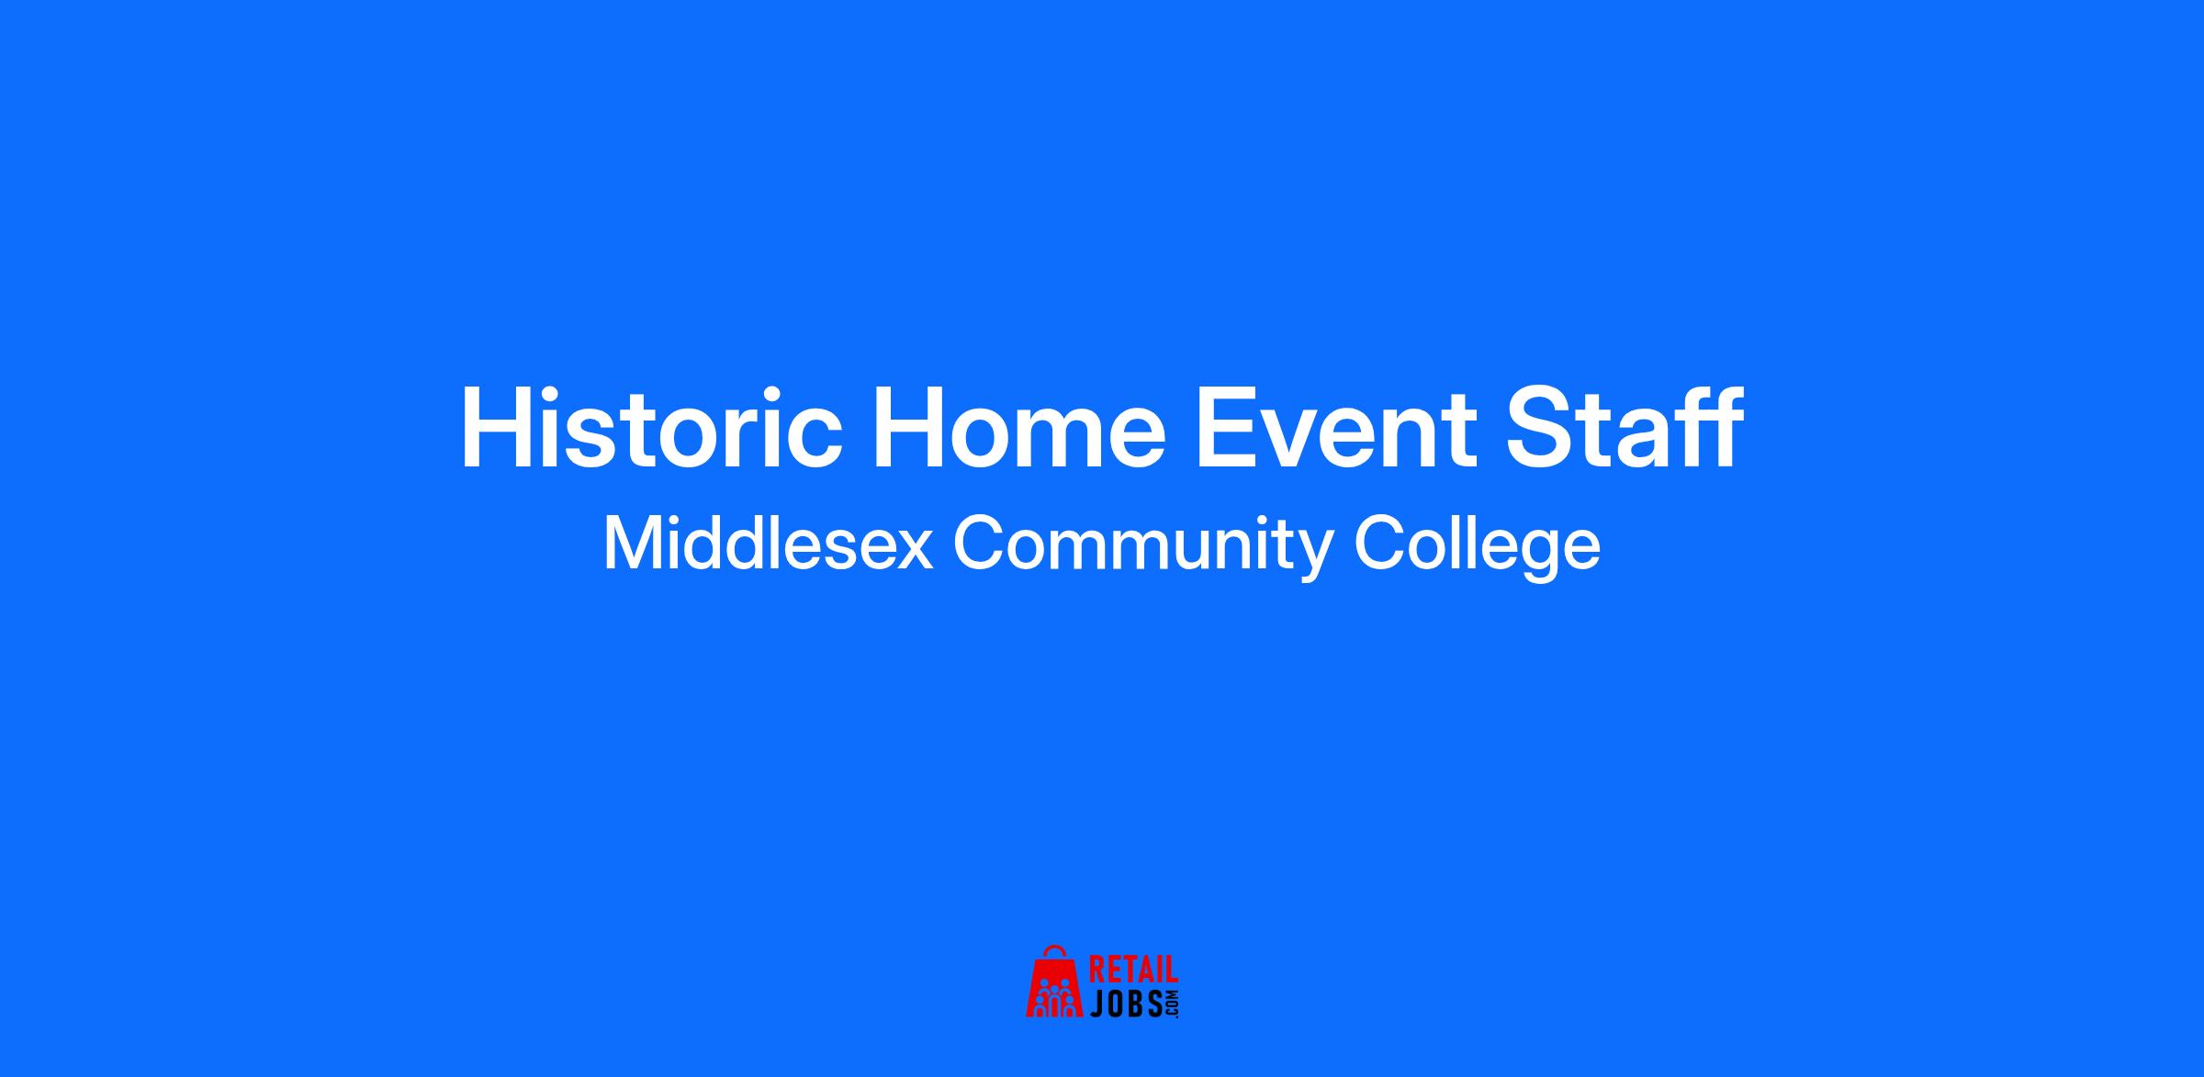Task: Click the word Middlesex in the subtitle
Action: point(768,544)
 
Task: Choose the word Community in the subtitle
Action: point(1143,548)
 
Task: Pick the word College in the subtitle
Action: point(1477,548)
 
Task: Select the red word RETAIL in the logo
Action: point(1132,970)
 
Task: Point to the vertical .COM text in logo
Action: point(1171,1004)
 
